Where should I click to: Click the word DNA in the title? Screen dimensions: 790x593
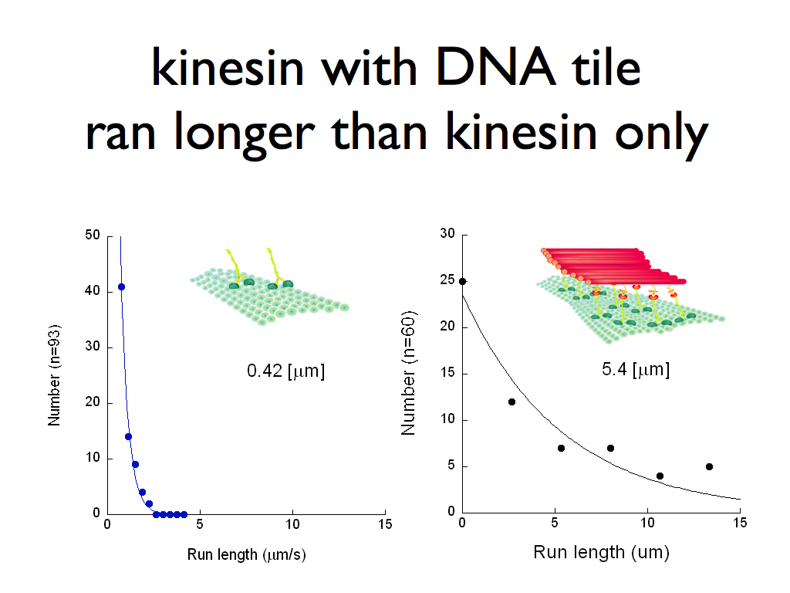pyautogui.click(x=497, y=68)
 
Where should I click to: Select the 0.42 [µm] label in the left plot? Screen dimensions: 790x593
pyautogui.click(x=285, y=371)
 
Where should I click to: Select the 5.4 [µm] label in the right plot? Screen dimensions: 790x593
pyautogui.click(x=636, y=370)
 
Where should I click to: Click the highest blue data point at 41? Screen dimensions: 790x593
pyautogui.click(x=121, y=287)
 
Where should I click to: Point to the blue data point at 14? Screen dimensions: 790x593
pyautogui.click(x=129, y=437)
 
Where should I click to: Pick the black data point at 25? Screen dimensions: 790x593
pyautogui.click(x=463, y=281)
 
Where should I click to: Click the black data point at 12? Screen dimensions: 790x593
pyautogui.click(x=512, y=402)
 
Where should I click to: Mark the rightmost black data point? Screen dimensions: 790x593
pyautogui.click(x=710, y=467)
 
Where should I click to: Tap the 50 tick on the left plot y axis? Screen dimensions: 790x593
pyautogui.click(x=93, y=235)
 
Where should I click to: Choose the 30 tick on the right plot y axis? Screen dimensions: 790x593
pyautogui.click(x=447, y=233)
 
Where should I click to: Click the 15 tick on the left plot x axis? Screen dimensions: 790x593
pyautogui.click(x=385, y=524)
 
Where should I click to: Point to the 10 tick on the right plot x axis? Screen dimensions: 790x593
pyautogui.click(x=647, y=523)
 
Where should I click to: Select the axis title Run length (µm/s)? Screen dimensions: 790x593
pyautogui.click(x=246, y=554)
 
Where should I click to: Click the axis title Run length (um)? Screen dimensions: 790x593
pyautogui.click(x=601, y=553)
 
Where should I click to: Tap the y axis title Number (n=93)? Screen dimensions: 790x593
pyautogui.click(x=54, y=375)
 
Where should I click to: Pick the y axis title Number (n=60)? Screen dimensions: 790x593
pyautogui.click(x=408, y=373)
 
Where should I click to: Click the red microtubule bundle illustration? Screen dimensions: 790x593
pyautogui.click(x=613, y=266)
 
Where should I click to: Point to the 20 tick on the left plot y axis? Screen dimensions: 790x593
pyautogui.click(x=93, y=402)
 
